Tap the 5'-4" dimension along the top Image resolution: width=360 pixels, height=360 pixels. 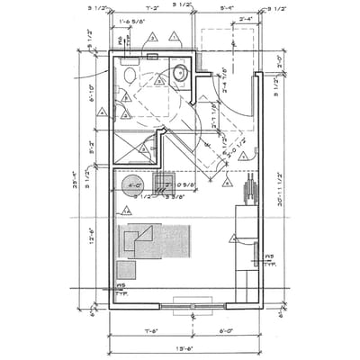pos(228,8)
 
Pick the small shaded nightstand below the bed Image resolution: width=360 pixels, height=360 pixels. pos(126,269)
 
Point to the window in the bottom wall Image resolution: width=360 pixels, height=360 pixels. pos(189,309)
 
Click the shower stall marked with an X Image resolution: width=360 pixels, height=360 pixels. pos(135,144)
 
